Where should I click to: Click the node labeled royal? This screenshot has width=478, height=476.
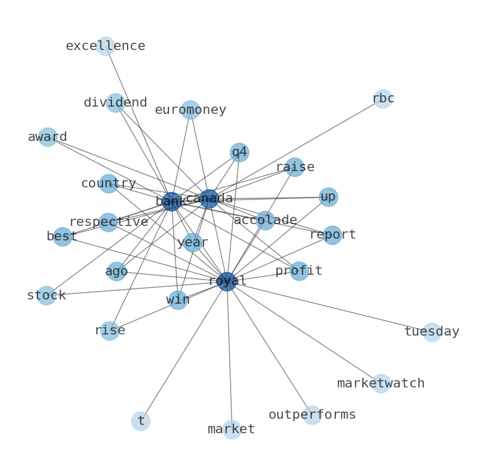pos(227,281)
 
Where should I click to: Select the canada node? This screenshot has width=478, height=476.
pos(209,199)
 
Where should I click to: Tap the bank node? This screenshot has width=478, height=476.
pos(172,202)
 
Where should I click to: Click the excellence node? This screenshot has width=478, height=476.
pos(105,46)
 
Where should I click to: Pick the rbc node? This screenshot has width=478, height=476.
pos(383,99)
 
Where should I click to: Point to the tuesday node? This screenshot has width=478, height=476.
pos(432,332)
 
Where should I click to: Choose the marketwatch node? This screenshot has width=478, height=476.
pos(381,384)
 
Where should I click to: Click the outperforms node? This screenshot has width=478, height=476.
pos(312,415)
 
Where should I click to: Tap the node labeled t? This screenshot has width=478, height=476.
pos(141,421)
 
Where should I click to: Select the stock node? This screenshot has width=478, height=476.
pos(46,296)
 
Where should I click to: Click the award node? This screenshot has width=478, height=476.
pos(48,137)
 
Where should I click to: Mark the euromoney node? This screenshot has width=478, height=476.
pos(190,110)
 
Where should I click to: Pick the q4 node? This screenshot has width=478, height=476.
pos(240,152)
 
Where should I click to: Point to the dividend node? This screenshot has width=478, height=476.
pos(116,103)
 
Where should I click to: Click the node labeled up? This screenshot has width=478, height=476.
pos(328,197)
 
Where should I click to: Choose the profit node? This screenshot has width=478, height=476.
pos(299,271)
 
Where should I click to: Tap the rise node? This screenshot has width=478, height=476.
pos(110,331)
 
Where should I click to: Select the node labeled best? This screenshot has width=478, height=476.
pos(63,237)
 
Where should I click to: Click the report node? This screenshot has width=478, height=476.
pos(332,235)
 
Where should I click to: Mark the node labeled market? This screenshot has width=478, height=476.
pos(232,430)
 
